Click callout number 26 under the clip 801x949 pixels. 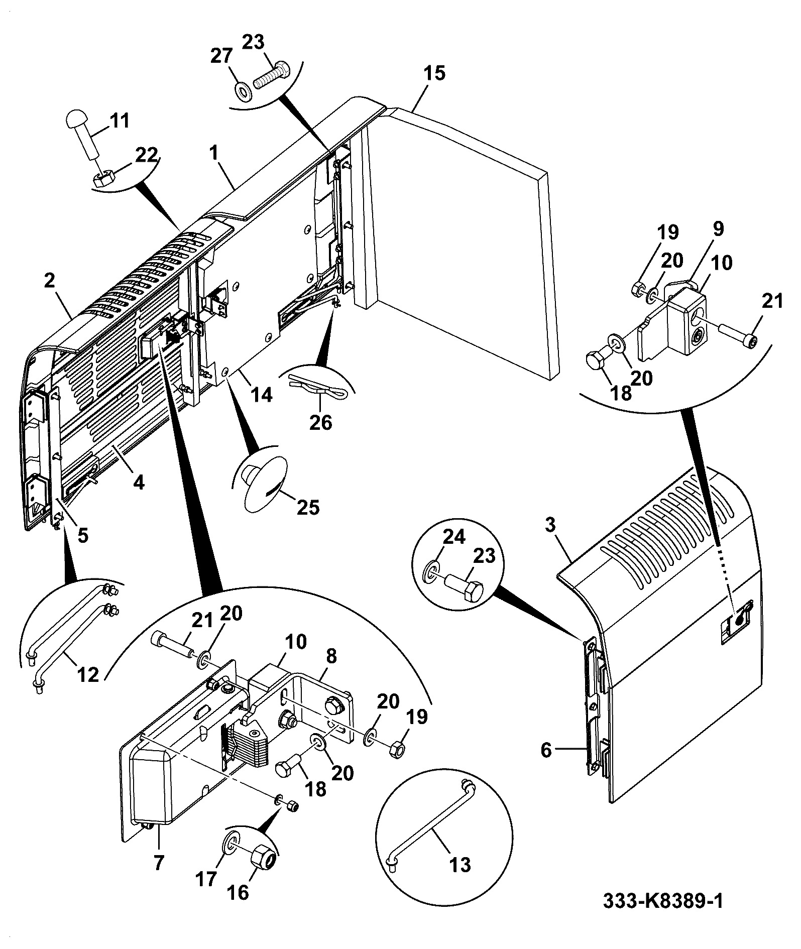coord(321,423)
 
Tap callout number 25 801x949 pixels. coord(308,508)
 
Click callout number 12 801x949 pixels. coord(88,674)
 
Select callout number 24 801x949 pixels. coord(453,538)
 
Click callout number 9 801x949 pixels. coord(718,229)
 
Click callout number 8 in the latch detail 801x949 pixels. coord(331,657)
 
